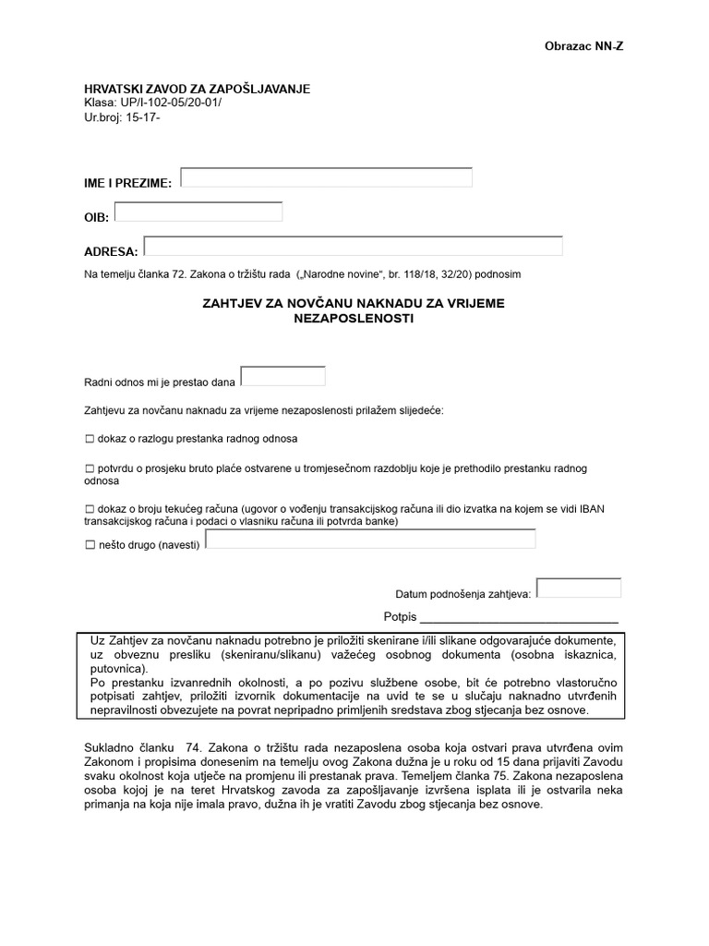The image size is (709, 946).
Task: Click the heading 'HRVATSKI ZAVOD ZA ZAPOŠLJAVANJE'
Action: [198, 89]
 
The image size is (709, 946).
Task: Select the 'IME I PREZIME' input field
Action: [326, 177]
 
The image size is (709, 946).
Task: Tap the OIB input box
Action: [198, 212]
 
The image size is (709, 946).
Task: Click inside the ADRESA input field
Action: [354, 246]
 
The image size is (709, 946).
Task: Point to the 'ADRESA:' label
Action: [111, 251]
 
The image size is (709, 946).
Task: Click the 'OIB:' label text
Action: [97, 217]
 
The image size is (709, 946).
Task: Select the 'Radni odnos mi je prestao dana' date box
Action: [282, 376]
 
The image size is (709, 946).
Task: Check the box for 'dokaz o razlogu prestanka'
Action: [90, 439]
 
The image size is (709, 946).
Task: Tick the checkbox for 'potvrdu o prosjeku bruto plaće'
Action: [90, 469]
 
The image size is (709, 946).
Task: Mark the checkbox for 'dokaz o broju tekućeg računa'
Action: [90, 509]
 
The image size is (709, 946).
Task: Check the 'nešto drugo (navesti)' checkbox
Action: [90, 546]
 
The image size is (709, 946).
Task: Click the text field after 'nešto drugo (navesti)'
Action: [370, 539]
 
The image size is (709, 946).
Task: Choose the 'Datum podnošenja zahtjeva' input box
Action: [579, 588]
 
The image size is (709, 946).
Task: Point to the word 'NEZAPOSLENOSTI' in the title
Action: [354, 318]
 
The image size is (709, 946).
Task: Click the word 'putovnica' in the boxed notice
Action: [117, 668]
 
